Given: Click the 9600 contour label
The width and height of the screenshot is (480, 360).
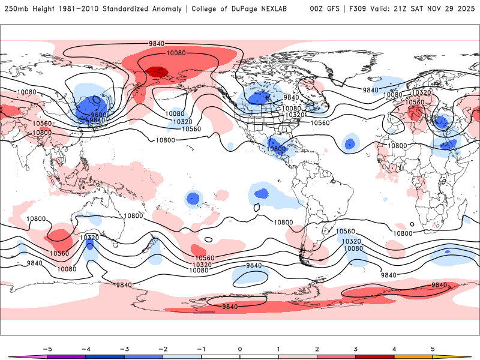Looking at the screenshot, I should [x=98, y=115].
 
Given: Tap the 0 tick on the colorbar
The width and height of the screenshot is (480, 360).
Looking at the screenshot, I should [x=239, y=349].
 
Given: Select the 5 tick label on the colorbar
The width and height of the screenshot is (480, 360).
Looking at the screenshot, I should [x=433, y=349].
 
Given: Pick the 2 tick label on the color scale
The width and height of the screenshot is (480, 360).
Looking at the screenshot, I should [x=317, y=349].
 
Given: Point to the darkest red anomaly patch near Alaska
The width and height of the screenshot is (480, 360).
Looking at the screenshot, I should [x=157, y=72].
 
